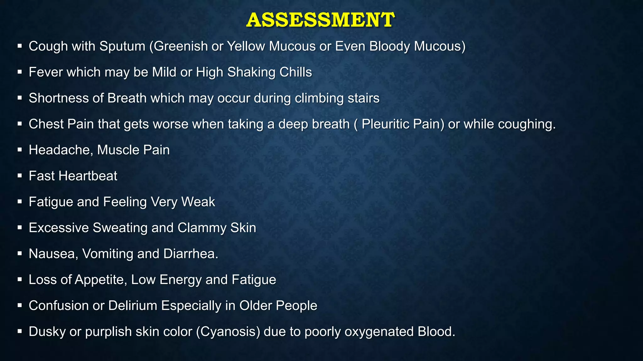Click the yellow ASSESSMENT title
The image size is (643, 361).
coord(320,20)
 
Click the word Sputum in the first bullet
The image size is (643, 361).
coord(122,46)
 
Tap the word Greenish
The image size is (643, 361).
coord(181,46)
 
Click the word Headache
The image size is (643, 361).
coord(61,150)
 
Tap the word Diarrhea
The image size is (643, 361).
coord(191,254)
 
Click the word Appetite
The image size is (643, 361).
coord(101,280)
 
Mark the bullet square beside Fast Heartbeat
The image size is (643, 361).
coord(19,176)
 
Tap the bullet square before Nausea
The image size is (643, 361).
coord(19,254)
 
